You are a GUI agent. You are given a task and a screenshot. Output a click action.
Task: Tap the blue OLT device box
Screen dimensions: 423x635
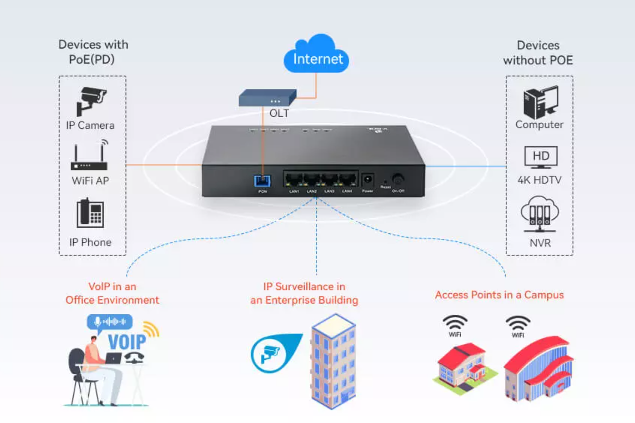tap(267, 98)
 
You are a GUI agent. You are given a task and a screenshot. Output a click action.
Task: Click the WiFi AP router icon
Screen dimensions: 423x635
tap(90, 157)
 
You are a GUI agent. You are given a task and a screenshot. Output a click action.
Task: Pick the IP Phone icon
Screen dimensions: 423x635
tap(90, 214)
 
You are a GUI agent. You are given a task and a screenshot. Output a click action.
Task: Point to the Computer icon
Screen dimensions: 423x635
tap(540, 102)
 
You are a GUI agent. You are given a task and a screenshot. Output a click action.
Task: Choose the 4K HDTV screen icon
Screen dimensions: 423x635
tap(541, 157)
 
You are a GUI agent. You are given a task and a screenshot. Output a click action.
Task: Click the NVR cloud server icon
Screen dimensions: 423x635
tap(540, 215)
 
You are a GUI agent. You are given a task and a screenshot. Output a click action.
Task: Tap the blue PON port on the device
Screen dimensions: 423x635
tap(262, 181)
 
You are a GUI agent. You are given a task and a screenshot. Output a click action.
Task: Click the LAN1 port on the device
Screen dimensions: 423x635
tap(294, 180)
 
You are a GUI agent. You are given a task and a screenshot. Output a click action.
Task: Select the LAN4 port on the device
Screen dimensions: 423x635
tap(347, 180)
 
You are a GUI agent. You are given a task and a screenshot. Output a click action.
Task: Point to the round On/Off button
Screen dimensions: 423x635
tap(398, 179)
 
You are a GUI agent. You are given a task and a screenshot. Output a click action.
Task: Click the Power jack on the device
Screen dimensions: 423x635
tap(368, 180)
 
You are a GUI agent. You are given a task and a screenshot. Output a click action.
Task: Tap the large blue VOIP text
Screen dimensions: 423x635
tap(127, 342)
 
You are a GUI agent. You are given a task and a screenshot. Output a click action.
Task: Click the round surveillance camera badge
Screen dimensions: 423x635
tap(269, 354)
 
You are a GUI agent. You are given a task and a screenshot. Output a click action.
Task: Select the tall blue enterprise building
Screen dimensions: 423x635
tap(333, 361)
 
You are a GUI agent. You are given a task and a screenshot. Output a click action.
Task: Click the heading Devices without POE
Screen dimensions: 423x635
tap(538, 52)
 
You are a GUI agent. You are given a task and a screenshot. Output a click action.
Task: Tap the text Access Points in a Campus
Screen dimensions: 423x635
tap(499, 295)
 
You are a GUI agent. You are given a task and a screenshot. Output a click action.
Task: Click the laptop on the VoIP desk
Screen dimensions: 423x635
tap(113, 359)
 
